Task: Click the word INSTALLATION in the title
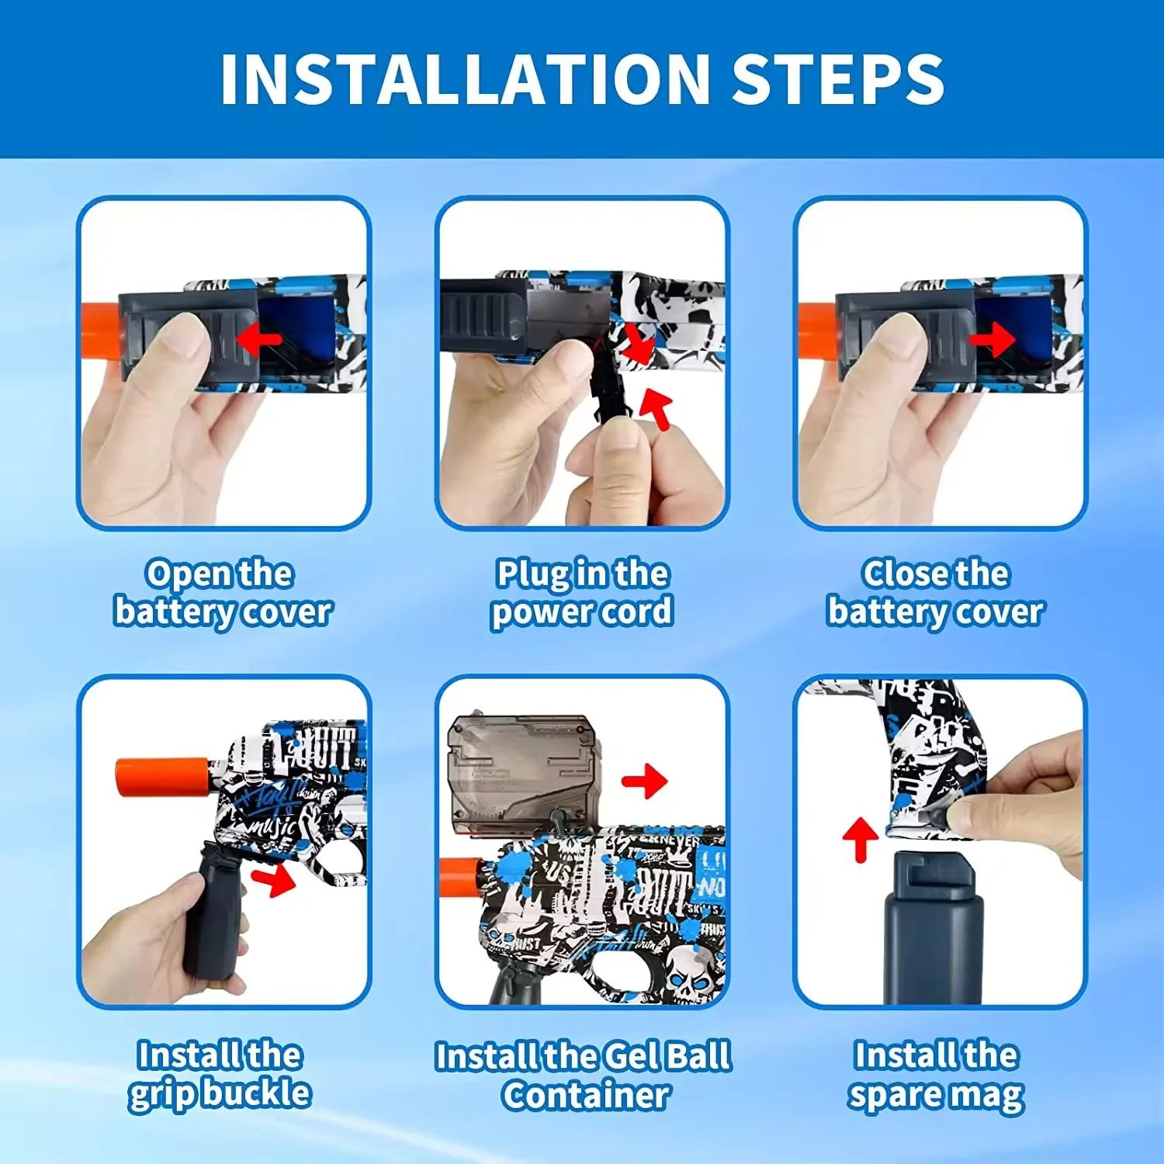point(466,79)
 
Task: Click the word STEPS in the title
point(838,79)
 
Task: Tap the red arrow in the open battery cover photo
point(258,338)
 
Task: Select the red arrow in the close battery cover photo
point(992,338)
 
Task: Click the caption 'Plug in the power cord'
point(582,593)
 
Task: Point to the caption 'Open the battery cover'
point(223,593)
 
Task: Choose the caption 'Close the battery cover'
point(936,593)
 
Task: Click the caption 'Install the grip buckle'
point(220,1075)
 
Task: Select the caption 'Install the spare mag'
point(936,1075)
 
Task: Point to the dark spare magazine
point(933,928)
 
